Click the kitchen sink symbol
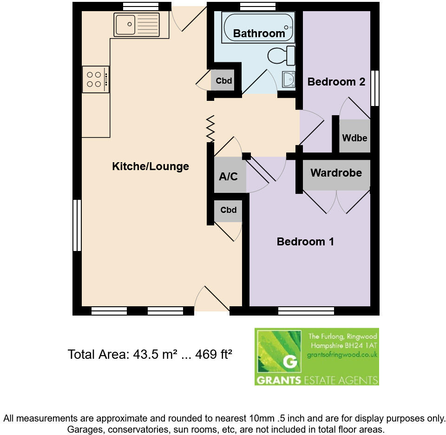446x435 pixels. point(137,24)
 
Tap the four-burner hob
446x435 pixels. point(96,79)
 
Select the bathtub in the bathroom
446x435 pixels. point(258,28)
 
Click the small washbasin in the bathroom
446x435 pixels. point(289,79)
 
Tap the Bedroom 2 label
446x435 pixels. point(336,82)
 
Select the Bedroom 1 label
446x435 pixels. point(305,242)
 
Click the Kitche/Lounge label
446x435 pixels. point(151,166)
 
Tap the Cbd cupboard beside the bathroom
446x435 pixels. point(224,81)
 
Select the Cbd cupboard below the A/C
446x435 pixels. point(228,210)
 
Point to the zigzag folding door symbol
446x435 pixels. point(210,129)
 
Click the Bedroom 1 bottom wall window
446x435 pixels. point(306,310)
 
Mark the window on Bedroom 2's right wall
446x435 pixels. point(374,88)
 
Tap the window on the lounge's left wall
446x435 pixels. point(77,225)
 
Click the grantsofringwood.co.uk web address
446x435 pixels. point(342,355)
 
